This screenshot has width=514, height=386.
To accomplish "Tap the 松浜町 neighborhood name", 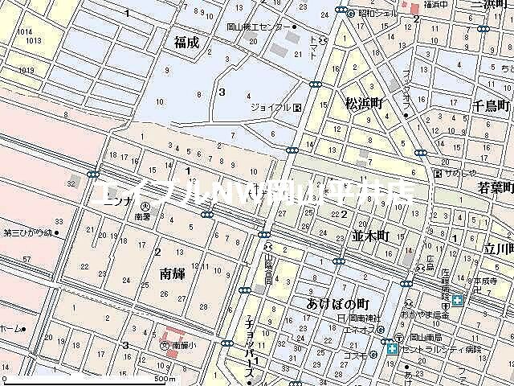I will (366, 103).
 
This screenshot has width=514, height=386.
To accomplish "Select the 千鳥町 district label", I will (492, 105).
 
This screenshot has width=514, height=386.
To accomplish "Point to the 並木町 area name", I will (370, 236).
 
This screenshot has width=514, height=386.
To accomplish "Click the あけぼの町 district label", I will (337, 303).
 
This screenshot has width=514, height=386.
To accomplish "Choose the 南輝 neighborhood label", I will (173, 274).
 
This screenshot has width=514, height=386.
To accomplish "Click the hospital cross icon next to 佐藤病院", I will (457, 301).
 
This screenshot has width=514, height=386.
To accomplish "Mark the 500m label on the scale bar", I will (165, 379).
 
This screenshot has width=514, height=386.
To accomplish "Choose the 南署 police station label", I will (143, 217).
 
